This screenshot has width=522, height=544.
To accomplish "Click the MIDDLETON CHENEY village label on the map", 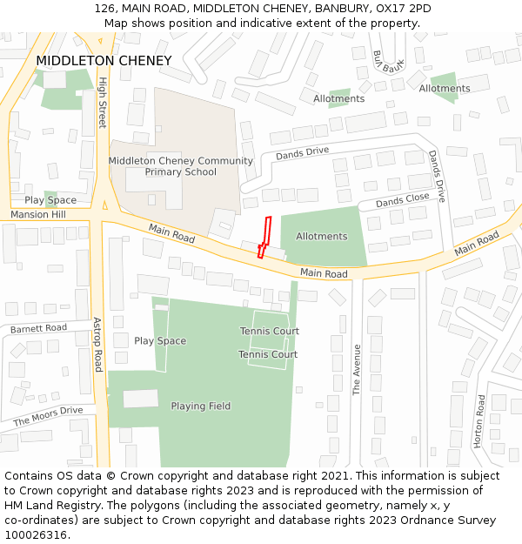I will (104, 61).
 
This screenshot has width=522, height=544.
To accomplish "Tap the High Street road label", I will (103, 104).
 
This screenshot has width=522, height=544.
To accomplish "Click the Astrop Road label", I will (97, 344).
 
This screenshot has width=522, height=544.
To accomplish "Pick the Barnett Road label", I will (38, 328).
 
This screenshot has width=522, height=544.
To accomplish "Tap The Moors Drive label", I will (48, 416).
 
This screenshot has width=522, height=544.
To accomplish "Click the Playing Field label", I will (201, 406).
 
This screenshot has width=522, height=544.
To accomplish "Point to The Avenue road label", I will (357, 370).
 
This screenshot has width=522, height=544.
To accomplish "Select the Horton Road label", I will (479, 421).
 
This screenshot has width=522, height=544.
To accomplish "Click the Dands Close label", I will (402, 201).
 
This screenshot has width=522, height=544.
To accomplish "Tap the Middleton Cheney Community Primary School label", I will (181, 166).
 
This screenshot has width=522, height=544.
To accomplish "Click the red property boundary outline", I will (266, 235).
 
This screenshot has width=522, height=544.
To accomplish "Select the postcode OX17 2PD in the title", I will (404, 8).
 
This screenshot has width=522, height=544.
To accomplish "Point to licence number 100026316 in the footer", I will (36, 534).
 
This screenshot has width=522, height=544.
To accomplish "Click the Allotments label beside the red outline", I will (321, 236).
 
